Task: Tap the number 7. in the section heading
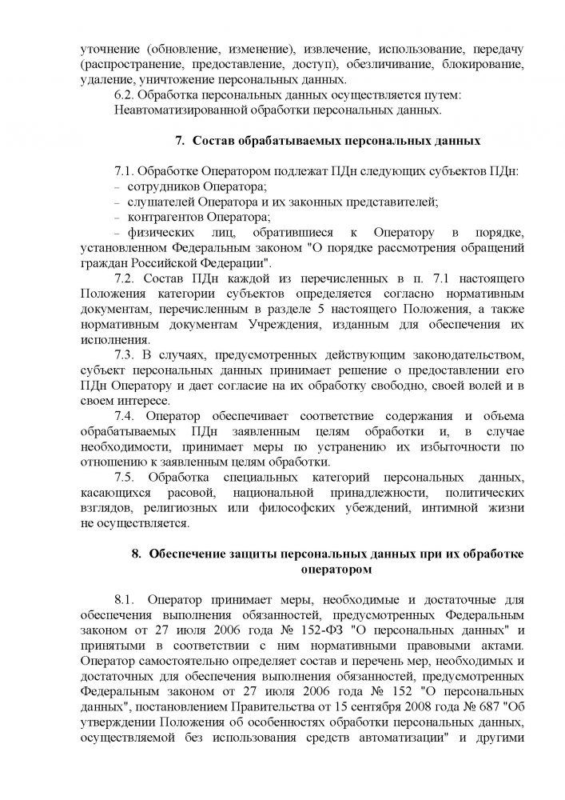181,142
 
